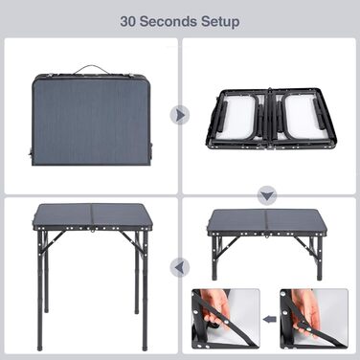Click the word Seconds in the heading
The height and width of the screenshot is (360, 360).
[x=169, y=22]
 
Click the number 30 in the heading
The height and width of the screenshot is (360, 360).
[x=127, y=22]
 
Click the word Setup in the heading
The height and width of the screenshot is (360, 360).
[x=220, y=22]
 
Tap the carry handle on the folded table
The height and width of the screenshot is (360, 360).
[x=85, y=69]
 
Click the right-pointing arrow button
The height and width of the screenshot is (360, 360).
[x=180, y=115]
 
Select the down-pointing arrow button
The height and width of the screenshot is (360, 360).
[x=267, y=195]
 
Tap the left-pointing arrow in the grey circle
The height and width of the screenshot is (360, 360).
[x=180, y=267]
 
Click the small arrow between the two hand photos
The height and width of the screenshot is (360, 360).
[x=270, y=319]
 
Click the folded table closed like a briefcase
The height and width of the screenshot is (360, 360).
[x=92, y=119]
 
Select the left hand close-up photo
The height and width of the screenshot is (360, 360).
[x=226, y=319]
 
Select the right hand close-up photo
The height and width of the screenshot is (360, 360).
[x=314, y=319]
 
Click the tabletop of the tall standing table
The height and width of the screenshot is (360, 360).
[x=91, y=215]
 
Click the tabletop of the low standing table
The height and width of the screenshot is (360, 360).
[x=266, y=221]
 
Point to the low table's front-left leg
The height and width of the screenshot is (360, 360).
[x=214, y=258]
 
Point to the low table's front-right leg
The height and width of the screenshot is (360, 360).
[x=320, y=258]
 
